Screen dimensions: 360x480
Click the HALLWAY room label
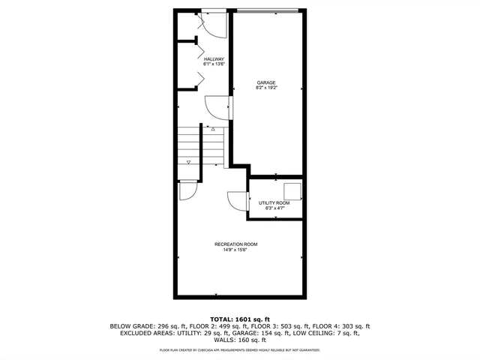214,58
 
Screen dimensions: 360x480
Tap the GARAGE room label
266,82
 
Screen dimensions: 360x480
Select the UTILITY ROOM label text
274,203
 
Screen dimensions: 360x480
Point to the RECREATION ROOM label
236,244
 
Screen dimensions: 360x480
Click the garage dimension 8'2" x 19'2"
266,88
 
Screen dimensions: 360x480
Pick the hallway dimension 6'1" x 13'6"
214,64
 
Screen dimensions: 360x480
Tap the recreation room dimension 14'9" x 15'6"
236,250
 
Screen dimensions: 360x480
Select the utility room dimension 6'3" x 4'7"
274,209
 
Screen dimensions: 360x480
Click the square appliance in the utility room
292,190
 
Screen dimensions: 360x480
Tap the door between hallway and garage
218,109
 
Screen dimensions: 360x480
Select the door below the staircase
188,190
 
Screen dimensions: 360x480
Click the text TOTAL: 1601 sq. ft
239,318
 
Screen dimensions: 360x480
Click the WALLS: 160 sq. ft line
239,341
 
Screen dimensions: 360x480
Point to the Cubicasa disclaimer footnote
239,350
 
